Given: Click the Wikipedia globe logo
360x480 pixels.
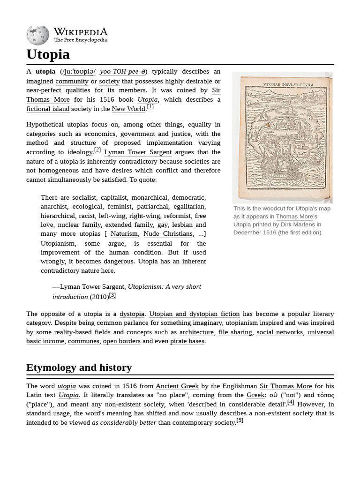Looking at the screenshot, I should coord(37,36).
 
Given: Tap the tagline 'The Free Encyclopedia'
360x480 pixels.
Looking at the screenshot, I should coord(80,40).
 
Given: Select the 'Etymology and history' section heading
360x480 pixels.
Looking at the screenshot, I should coord(79,367).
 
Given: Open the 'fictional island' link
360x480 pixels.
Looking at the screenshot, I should coord(48,109).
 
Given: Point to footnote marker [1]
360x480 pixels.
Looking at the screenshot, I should coord(150,107).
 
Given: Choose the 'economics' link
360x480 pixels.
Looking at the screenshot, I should coord(99,134).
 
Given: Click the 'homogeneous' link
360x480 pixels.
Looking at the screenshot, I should coord(59,171).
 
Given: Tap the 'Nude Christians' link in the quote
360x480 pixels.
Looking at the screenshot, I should coord(168,233).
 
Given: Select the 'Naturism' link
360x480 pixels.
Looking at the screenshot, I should coord(124,233).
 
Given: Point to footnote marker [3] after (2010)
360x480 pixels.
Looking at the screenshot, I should coord(112,295).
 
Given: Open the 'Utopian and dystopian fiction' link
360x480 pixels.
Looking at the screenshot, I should coord(194,314).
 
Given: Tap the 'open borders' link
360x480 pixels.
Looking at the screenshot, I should coord(122,341).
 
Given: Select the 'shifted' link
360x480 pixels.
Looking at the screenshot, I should coord(156,413).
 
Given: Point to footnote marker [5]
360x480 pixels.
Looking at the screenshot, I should coord(240,420).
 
